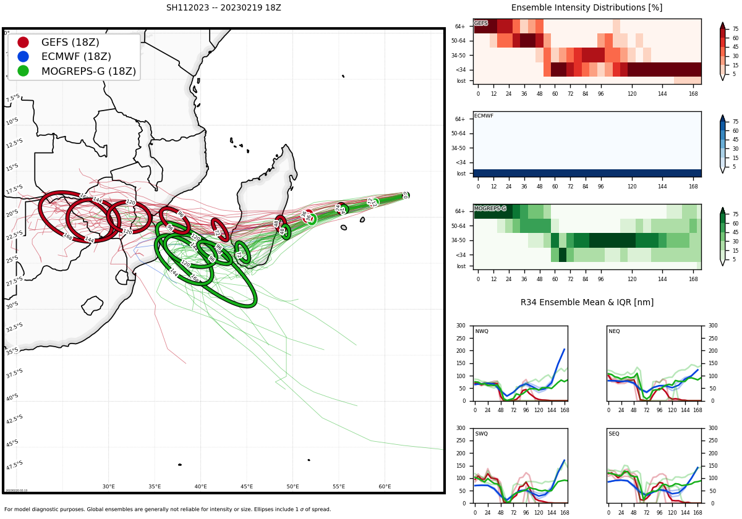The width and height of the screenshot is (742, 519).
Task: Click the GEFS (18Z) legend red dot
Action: tap(23, 43)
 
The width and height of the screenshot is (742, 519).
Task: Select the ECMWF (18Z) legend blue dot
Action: tap(23, 57)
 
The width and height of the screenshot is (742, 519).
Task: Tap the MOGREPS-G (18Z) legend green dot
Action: tap(23, 71)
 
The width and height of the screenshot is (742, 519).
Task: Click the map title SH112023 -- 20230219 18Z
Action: tap(223, 8)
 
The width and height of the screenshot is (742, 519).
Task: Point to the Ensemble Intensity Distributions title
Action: tap(586, 8)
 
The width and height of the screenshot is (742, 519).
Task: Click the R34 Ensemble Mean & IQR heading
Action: tap(586, 303)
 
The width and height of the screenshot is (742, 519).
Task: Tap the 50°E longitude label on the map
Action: tap(292, 487)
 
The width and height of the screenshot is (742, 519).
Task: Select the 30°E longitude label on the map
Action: tap(109, 487)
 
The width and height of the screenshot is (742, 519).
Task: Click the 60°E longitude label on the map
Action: tap(385, 487)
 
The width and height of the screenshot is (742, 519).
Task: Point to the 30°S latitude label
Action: tap(12, 305)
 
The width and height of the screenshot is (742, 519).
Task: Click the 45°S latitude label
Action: tap(12, 443)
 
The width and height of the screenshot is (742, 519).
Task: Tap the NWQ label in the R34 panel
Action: tap(481, 332)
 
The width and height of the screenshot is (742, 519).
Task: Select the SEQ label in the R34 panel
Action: tap(614, 434)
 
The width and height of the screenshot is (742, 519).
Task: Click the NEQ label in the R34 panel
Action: tap(614, 332)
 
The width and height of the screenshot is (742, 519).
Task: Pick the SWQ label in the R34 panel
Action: tap(481, 434)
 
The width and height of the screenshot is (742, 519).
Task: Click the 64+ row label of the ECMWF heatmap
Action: tap(460, 119)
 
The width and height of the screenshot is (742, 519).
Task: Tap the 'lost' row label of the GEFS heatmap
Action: tap(461, 81)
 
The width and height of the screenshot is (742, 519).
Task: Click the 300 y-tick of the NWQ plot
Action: tap(461, 326)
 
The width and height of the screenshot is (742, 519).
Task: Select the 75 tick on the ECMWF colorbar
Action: tap(735, 122)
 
